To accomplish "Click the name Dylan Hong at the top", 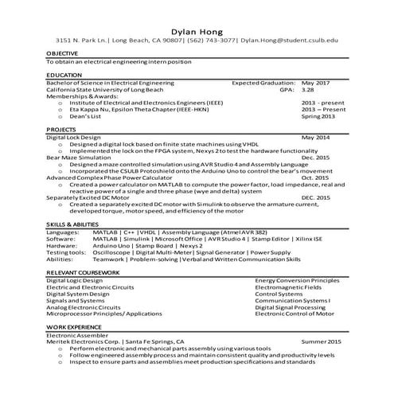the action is (197, 25).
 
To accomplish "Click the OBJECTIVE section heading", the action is (62, 53).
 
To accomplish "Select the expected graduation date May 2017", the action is (316, 82).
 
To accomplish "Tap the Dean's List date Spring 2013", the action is (318, 116).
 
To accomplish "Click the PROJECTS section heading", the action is (61, 129).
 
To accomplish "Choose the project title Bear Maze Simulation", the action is (77, 157).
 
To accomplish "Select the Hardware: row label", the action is (61, 245).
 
